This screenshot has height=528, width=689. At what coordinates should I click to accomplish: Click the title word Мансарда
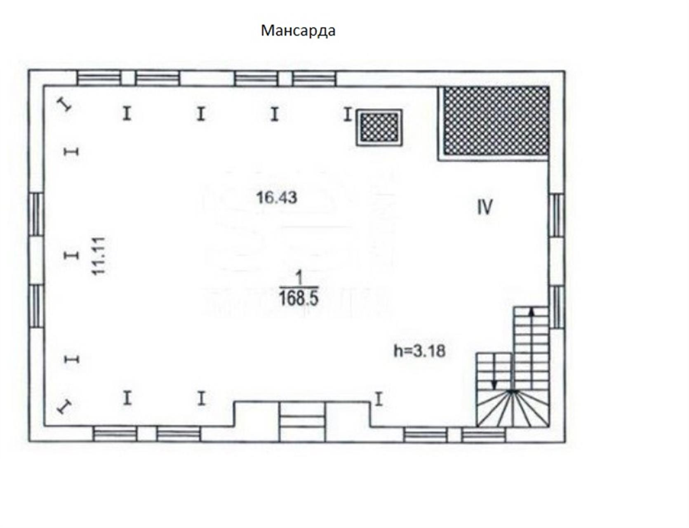click(298, 31)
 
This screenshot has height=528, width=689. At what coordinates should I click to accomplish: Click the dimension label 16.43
click(276, 198)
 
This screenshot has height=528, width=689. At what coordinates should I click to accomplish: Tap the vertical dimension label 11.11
click(99, 256)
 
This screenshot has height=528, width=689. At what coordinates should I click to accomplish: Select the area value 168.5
click(299, 298)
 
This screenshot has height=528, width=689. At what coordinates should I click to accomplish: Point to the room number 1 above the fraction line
click(299, 278)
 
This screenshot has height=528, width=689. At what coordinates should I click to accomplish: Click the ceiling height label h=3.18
click(420, 351)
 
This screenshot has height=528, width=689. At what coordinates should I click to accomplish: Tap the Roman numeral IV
click(485, 207)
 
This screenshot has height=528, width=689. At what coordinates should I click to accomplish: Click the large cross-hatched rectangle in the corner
click(496, 121)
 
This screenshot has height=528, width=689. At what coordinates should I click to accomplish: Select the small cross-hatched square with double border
click(379, 127)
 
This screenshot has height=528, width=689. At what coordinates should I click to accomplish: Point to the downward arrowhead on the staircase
click(495, 384)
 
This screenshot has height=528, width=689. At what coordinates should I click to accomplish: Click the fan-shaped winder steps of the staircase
click(513, 408)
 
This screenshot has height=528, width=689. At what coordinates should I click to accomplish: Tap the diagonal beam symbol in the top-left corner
click(64, 104)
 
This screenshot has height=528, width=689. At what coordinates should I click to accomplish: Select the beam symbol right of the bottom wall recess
click(379, 399)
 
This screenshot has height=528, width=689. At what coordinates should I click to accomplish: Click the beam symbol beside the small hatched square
click(348, 114)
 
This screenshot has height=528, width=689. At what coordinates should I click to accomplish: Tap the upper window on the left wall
click(36, 214)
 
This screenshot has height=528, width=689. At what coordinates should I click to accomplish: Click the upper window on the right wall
click(557, 215)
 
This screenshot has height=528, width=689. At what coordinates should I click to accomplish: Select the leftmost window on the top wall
click(99, 78)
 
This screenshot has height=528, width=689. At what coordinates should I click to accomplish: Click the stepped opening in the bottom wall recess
click(302, 422)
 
